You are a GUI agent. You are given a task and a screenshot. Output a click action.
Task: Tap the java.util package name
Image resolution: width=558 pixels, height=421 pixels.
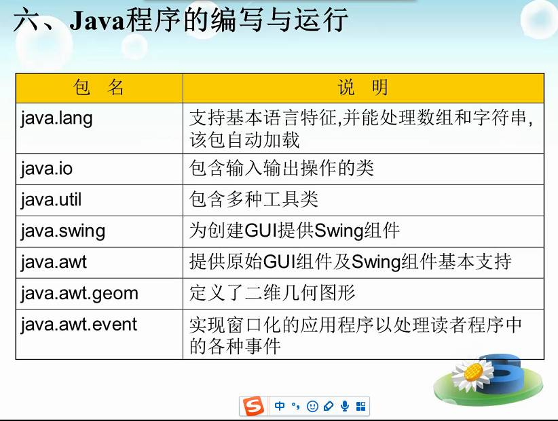[51, 200]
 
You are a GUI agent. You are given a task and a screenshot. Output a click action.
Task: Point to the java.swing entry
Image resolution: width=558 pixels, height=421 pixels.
[63, 231]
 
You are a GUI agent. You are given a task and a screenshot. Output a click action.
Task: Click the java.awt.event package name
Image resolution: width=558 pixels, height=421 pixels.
[79, 324]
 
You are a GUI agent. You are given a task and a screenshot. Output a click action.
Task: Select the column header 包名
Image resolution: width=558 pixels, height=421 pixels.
[98, 88]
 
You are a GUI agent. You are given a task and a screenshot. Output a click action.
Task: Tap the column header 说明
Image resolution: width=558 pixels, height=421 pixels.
[363, 88]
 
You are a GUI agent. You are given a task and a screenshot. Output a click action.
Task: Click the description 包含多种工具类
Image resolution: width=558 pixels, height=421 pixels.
[253, 199]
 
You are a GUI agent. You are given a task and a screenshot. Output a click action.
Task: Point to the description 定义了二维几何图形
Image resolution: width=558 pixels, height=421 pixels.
[272, 293]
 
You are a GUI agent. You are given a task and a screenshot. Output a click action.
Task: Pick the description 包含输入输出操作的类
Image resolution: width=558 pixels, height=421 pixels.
[282, 168]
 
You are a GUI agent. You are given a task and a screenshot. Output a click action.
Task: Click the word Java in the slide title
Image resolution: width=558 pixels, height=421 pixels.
[97, 20]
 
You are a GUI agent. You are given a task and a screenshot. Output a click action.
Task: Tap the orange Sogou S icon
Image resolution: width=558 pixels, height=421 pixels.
[253, 406]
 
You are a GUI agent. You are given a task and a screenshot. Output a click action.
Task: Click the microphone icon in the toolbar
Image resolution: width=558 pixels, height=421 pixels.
[344, 406]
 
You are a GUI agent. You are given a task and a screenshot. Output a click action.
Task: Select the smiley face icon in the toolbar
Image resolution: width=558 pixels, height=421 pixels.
[312, 406]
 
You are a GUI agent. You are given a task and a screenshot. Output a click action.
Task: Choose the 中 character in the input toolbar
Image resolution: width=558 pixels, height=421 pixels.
[280, 406]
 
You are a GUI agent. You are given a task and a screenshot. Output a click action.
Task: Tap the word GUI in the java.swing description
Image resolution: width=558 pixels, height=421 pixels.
[261, 231]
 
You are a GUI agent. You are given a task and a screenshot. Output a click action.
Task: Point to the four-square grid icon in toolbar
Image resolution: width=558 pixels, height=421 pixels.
[361, 407]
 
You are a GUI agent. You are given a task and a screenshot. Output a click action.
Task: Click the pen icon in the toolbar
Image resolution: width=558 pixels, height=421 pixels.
[329, 406]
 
